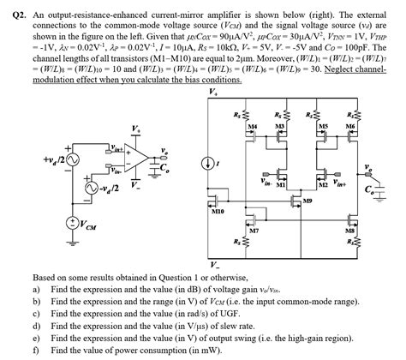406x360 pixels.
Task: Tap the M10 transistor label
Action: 218,209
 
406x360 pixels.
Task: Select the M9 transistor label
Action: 307,201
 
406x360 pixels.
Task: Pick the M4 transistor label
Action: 252,126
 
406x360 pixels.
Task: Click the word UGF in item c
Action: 249,315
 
